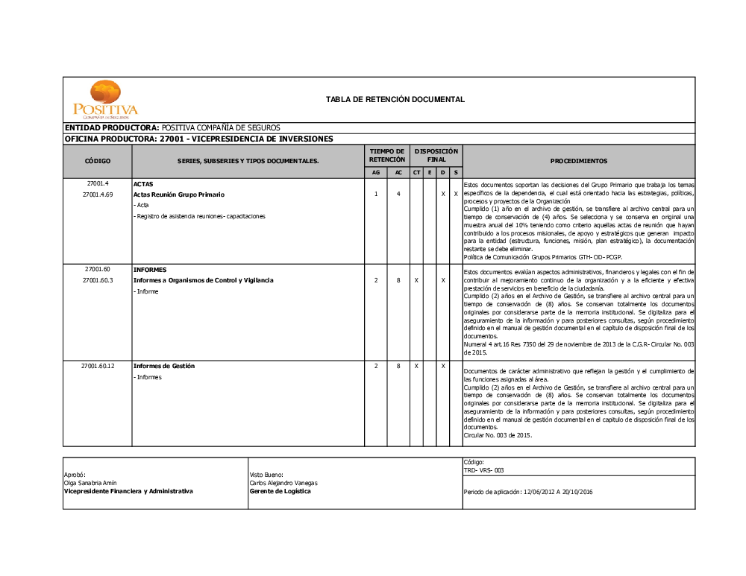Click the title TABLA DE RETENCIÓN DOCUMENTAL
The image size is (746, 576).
click(x=395, y=99)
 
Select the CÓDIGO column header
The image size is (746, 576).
click(x=98, y=161)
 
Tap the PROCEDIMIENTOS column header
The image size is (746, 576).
click(x=578, y=161)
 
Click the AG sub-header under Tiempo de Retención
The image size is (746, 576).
click(x=375, y=173)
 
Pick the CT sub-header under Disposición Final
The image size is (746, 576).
click(x=416, y=173)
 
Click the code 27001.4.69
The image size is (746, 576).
click(x=98, y=194)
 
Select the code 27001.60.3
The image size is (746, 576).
click(x=98, y=280)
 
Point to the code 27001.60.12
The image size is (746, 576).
click(x=98, y=367)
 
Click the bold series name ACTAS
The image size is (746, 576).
click(x=143, y=183)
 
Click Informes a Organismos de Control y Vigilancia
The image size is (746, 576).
click(x=203, y=280)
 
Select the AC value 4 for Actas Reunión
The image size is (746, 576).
click(x=398, y=194)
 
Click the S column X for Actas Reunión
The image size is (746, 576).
click(x=456, y=194)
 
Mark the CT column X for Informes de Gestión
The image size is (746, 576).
click(x=416, y=367)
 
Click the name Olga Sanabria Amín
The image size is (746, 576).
click(x=90, y=483)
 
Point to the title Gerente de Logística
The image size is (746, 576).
click(x=280, y=491)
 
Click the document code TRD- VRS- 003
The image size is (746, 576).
click(x=484, y=470)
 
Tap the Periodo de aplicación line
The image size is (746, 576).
click(x=528, y=492)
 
